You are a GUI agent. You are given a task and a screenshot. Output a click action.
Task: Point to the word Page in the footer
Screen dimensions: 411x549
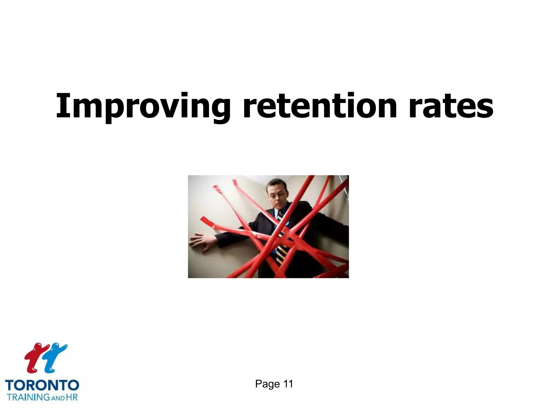267,384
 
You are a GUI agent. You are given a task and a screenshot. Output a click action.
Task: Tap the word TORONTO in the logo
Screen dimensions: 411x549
42,386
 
